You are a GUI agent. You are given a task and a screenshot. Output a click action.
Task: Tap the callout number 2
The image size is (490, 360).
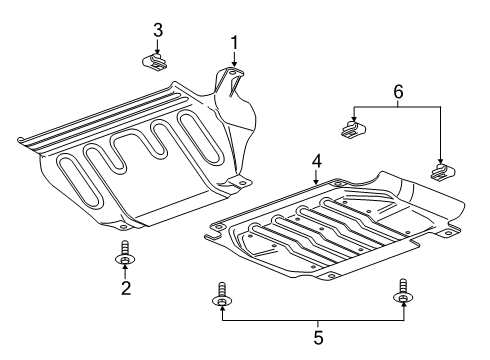(126, 289)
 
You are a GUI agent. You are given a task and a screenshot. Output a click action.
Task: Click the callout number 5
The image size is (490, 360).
(318, 337)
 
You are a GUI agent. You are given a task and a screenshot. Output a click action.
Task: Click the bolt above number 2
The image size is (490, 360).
(123, 255)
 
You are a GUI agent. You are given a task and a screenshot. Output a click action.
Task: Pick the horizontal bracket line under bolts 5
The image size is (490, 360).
(311, 321)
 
